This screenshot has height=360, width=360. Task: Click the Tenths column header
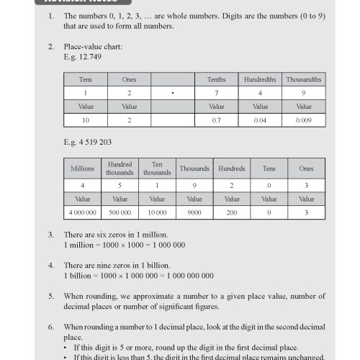(216, 80)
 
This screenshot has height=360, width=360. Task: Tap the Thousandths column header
(303, 80)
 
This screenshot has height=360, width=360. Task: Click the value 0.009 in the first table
(303, 121)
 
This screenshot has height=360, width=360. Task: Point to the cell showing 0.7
(216, 121)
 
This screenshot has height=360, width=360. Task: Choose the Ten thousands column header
(158, 168)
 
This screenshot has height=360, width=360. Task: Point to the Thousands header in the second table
(195, 168)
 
